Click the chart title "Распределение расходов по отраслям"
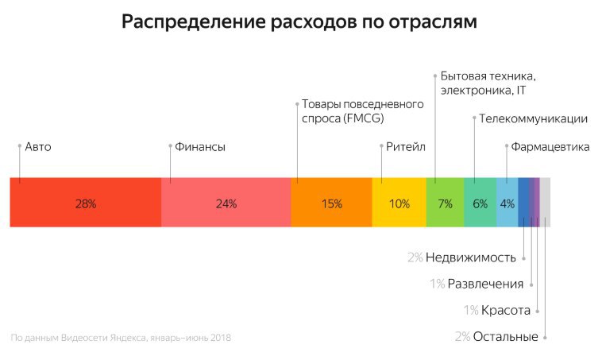point(299,23)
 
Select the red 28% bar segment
point(85,203)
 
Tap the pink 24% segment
point(226,203)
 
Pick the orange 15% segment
point(331,203)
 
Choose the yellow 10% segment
point(399,203)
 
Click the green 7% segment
point(445,203)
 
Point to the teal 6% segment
point(480,203)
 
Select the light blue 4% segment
point(507,203)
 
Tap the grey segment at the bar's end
point(545,203)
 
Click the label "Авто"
point(38,147)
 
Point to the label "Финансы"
point(199,147)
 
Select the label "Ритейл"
point(407,147)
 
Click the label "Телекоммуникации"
point(533,119)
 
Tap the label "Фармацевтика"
point(550,147)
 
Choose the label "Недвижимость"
point(471,257)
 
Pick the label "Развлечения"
point(485,284)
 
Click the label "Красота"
point(506,310)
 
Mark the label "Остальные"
point(505,337)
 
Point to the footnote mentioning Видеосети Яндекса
point(121,339)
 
